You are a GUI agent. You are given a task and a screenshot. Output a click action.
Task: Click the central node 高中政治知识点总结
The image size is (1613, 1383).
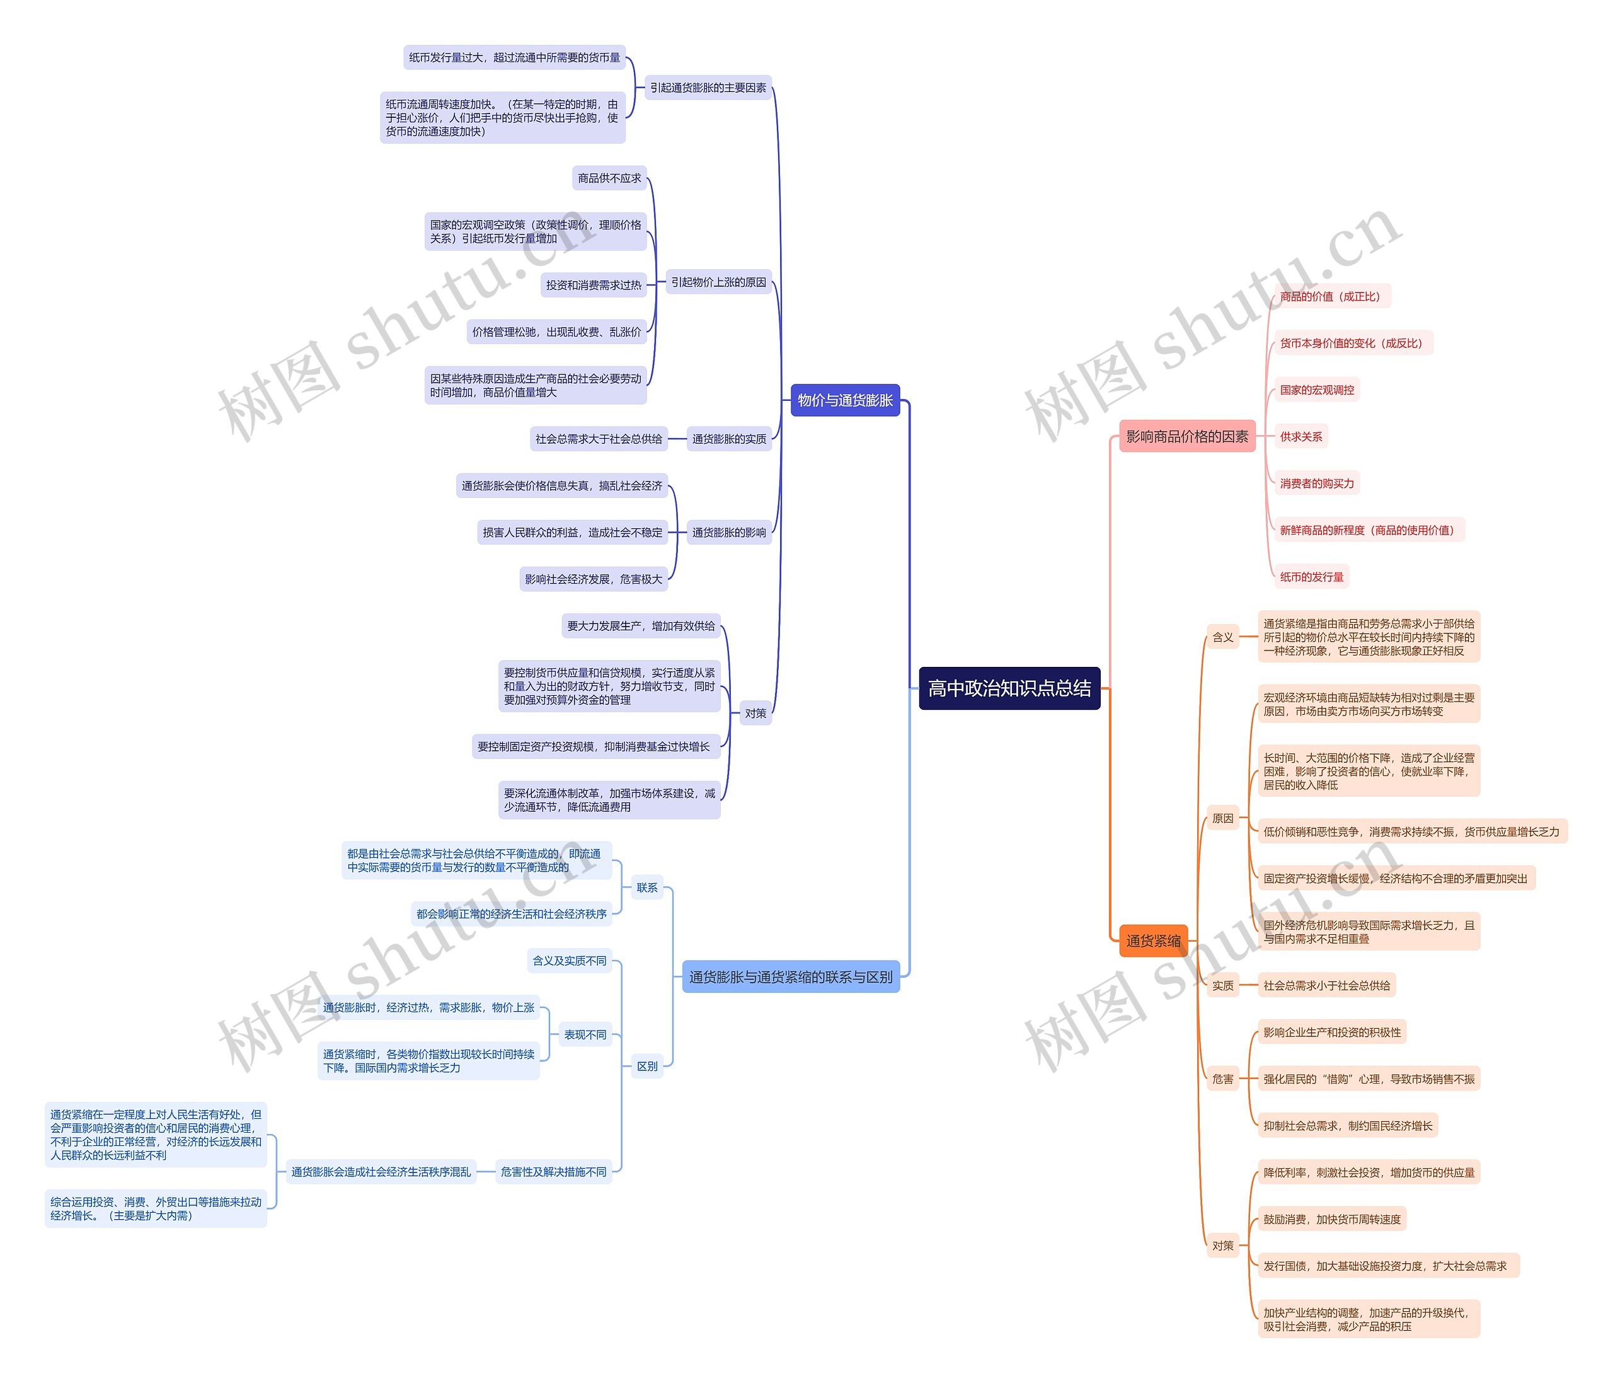(x=1009, y=688)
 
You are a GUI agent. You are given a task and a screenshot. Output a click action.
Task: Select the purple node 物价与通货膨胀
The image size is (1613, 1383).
(x=845, y=400)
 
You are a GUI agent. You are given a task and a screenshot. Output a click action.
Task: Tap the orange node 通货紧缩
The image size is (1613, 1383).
(x=1153, y=940)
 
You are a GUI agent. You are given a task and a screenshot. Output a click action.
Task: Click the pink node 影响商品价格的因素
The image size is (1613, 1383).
(x=1186, y=437)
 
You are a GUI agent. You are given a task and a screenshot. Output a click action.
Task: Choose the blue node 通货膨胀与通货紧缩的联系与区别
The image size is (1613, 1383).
(x=790, y=976)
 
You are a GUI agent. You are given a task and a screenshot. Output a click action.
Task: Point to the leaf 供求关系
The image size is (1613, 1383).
(x=1301, y=437)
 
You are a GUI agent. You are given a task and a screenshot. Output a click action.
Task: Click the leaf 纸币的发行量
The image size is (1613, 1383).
(x=1312, y=577)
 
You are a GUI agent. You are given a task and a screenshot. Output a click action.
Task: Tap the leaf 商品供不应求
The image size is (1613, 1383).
(x=609, y=178)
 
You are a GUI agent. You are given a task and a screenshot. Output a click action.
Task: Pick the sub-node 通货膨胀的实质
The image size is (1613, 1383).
(x=728, y=439)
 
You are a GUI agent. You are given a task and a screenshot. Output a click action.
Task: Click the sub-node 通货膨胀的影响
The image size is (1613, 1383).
(x=728, y=533)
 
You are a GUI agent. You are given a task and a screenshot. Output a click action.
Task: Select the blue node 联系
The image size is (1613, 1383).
(x=647, y=888)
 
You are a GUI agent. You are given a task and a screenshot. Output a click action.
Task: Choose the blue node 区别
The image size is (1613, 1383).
(x=647, y=1066)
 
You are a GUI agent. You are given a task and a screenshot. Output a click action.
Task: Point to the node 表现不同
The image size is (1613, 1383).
(x=585, y=1035)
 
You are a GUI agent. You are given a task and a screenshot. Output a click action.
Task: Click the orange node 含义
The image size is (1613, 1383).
(x=1222, y=637)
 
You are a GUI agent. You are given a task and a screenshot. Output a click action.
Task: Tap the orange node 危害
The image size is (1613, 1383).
(x=1222, y=1079)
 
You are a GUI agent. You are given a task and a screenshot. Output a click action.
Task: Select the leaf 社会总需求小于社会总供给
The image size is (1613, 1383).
(x=1326, y=986)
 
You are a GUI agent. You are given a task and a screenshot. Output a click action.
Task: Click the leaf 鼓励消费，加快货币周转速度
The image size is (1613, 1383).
(x=1331, y=1220)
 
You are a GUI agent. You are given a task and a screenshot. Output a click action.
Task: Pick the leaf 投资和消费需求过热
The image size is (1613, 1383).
(x=593, y=285)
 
